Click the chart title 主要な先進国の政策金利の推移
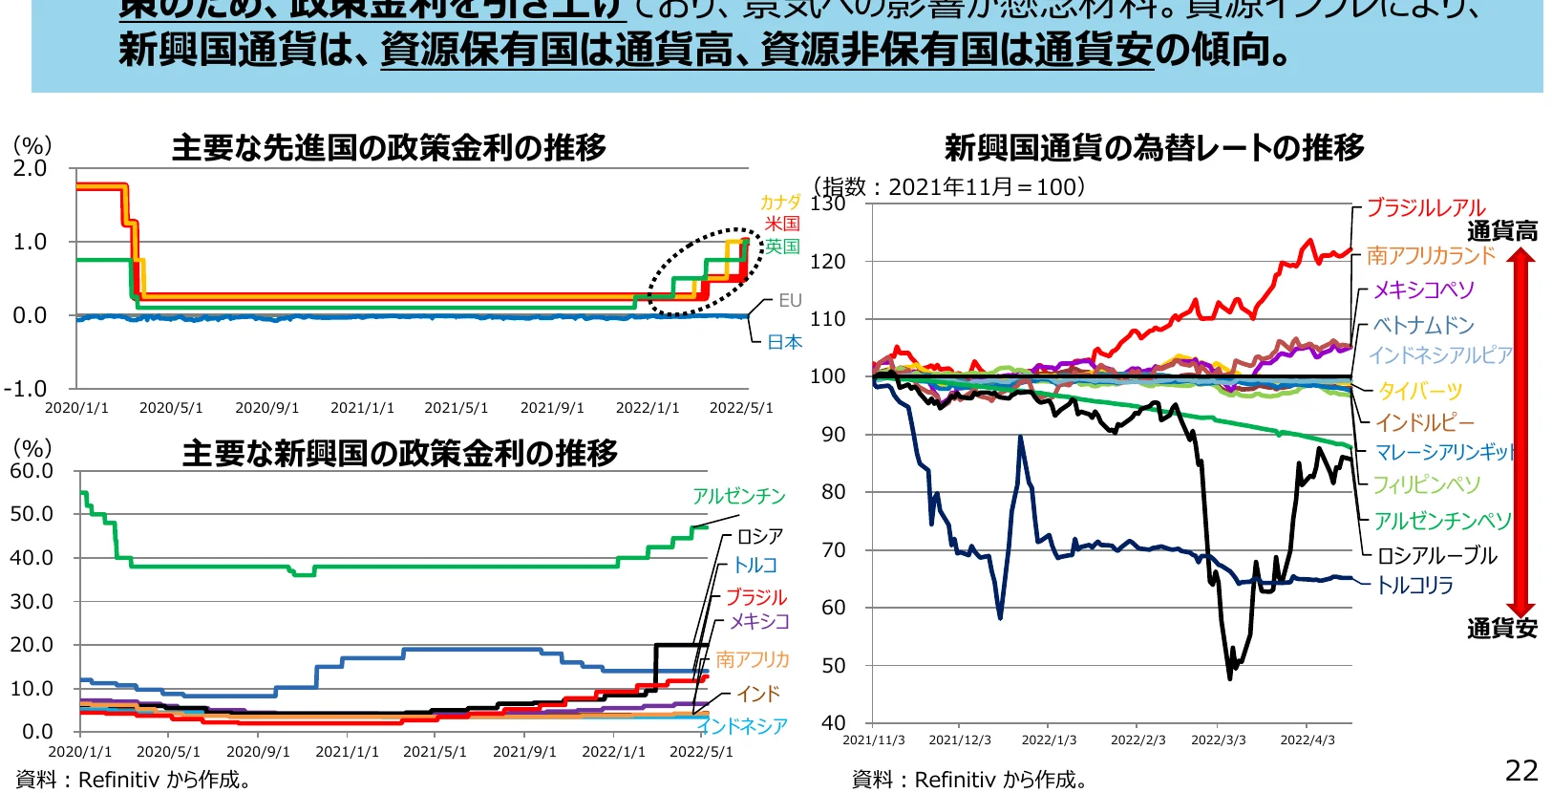389,148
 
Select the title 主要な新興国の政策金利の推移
399,453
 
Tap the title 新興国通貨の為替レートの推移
1154,148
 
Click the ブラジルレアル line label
1425,208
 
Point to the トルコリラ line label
1414,585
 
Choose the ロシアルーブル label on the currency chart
1436,555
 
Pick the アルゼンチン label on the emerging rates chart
738,496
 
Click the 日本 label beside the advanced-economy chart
784,342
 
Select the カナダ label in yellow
779,203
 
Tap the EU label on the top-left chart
790,301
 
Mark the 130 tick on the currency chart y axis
828,204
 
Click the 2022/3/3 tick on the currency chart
1218,740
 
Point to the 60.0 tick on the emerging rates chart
32,471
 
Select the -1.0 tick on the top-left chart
25,389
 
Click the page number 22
1521,770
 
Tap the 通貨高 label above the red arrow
1501,231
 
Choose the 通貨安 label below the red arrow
1501,629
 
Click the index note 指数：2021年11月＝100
951,186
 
